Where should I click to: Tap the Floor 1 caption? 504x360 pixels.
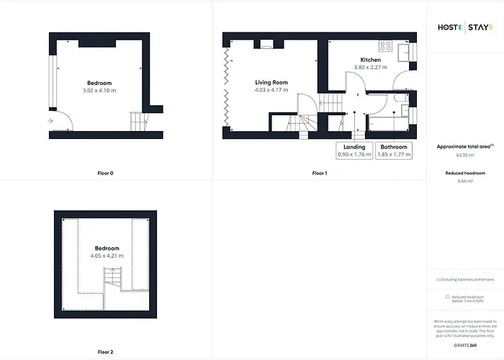[320, 173]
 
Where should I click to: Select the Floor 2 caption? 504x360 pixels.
[106, 332]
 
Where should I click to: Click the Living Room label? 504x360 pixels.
[271, 83]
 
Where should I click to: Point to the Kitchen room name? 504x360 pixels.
[370, 60]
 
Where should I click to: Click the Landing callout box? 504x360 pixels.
[354, 150]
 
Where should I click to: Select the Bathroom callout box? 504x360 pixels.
[394, 150]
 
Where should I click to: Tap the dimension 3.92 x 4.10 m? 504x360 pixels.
[99, 91]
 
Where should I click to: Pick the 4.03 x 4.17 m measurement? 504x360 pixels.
[271, 91]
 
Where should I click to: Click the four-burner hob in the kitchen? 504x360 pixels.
[385, 48]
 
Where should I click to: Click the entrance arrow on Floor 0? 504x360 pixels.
[50, 121]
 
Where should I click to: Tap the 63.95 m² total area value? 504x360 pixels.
[464, 154]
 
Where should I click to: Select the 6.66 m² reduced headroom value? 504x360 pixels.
[464, 182]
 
